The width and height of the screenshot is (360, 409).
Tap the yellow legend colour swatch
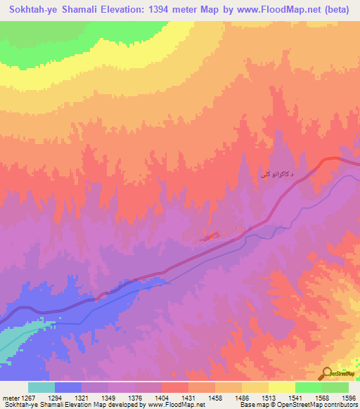click(281, 387)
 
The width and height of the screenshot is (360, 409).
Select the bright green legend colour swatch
click(308, 387)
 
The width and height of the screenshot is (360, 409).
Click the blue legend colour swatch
click(67, 387)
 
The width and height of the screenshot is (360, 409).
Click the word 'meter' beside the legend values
click(10, 397)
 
